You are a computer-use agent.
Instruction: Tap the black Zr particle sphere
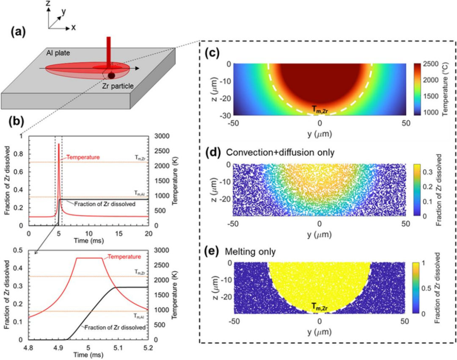[x=111, y=76]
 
